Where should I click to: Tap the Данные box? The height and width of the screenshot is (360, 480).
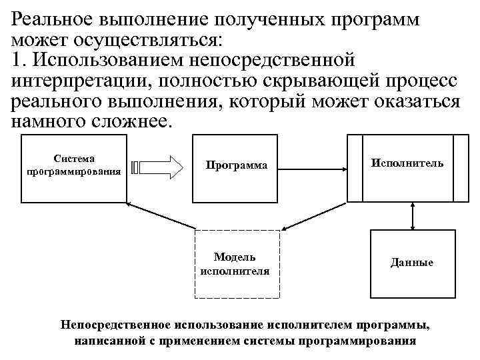411,262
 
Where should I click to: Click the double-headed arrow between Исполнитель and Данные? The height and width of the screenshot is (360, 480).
413,215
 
